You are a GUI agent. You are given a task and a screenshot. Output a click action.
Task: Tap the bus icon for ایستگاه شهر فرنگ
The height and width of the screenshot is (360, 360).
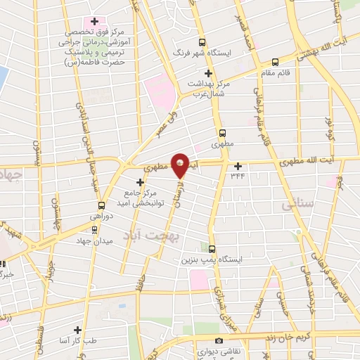[203, 42]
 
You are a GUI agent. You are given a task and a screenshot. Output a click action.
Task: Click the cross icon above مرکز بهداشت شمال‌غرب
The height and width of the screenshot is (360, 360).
[207, 73]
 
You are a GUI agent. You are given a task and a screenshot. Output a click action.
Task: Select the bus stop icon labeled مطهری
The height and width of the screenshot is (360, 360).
[222, 132]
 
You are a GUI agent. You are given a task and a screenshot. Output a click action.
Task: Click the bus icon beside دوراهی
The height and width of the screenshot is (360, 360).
[102, 206]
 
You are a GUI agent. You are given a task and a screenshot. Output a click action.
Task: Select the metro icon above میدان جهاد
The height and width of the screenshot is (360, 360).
[94, 230]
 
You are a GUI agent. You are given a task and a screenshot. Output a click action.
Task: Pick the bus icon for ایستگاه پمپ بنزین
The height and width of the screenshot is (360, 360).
[212, 248]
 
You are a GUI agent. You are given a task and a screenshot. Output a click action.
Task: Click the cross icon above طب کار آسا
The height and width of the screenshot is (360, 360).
[83, 328]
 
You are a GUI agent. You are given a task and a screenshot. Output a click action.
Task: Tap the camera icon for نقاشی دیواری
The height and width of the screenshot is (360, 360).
[219, 340]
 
